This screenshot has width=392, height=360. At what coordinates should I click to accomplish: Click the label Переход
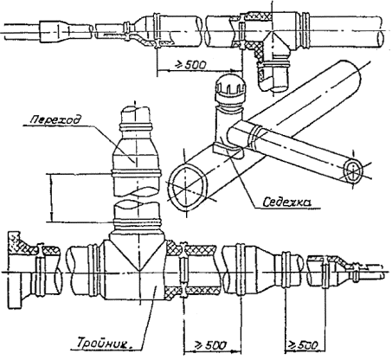coord(55,119)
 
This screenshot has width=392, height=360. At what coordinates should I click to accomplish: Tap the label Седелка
coord(286,202)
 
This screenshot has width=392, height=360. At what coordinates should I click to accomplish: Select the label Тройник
coord(105,344)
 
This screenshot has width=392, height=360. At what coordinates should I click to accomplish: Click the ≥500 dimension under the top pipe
coord(190,65)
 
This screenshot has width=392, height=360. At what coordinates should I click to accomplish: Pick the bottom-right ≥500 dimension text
coord(304,344)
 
